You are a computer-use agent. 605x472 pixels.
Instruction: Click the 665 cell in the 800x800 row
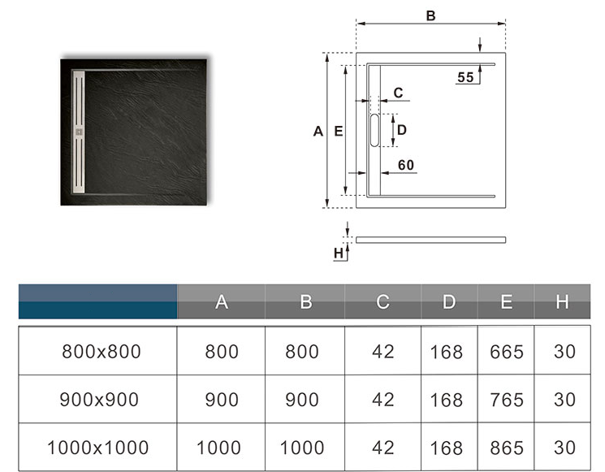pos(507,352)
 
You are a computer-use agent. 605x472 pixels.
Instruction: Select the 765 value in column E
pos(507,400)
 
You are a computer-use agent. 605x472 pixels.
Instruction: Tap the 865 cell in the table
pos(507,447)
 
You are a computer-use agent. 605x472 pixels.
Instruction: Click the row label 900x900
pos(99,400)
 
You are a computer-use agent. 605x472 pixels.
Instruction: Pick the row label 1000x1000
pos(98,447)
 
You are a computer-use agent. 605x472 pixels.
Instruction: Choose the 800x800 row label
pos(102,352)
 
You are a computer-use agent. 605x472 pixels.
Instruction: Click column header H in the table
pos(562,302)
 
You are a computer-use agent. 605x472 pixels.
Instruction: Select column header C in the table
pos(382,302)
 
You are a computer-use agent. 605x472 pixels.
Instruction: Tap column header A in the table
pos(222,302)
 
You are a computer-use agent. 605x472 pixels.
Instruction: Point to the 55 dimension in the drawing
pos(465,77)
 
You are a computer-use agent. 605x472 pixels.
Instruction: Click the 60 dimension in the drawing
pos(406,165)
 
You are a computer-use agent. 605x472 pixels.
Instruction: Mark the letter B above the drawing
pos(431,15)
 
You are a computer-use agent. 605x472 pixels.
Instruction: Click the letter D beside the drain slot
pos(401,129)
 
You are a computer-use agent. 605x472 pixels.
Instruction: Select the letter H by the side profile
pos(339,253)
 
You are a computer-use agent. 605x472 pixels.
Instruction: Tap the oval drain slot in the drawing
pos(374,130)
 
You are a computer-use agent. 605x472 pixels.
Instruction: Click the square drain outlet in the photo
pos(80,128)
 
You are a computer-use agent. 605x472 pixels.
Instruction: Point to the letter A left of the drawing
pos(318,131)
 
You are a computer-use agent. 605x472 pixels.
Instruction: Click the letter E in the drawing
pos(339,131)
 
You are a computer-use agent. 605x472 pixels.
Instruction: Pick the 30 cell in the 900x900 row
pos(563,400)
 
